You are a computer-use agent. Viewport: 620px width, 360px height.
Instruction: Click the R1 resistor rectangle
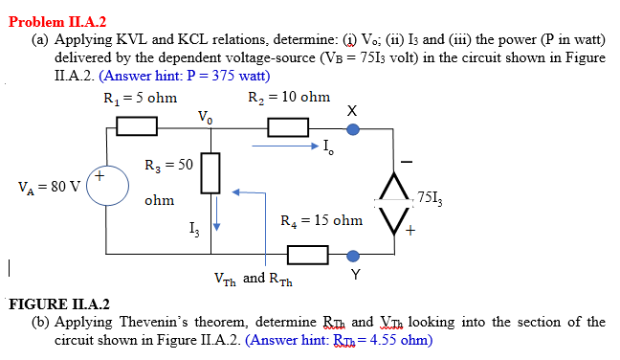(138, 125)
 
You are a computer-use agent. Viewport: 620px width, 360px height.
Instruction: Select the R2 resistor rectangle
(288, 125)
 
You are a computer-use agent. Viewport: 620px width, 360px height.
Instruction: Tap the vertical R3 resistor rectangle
(212, 171)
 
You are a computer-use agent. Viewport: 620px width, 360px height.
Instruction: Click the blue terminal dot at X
(353, 125)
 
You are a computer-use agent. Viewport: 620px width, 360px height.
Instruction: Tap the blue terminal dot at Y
(353, 256)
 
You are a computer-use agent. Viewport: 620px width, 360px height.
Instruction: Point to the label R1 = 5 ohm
(140, 98)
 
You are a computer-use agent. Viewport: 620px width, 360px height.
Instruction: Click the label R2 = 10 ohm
(289, 98)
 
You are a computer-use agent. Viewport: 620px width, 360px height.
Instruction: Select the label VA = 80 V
(50, 185)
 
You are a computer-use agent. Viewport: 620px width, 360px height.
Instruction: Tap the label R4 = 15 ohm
(321, 221)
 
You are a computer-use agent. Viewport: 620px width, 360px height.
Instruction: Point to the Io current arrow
(286, 147)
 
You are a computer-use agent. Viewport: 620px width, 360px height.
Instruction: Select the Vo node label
(205, 117)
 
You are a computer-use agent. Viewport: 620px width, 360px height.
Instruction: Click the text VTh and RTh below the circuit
(254, 280)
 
